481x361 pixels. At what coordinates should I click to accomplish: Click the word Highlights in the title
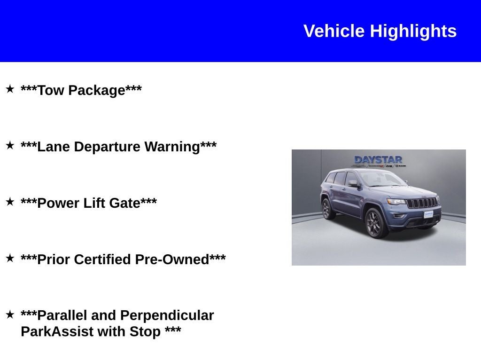[x=413, y=31]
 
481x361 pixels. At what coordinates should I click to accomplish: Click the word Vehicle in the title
[x=334, y=31]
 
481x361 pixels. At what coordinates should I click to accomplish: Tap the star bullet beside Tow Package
[x=10, y=89]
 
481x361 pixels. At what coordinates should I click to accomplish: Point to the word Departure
[x=107, y=147]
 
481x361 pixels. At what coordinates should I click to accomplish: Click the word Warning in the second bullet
[x=172, y=147]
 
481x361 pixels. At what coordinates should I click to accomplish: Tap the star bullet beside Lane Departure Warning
[x=10, y=145]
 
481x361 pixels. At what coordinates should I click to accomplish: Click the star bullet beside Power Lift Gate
[x=10, y=202]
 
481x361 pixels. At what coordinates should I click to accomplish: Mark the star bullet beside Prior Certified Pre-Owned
[x=10, y=258]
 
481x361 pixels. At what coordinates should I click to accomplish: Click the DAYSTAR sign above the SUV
[x=378, y=160]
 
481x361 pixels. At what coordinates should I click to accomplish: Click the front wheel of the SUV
[x=376, y=223]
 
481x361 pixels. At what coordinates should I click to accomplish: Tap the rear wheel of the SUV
[x=327, y=209]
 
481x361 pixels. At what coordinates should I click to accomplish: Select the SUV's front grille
[x=421, y=203]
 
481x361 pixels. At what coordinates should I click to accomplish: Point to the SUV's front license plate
[x=428, y=214]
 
